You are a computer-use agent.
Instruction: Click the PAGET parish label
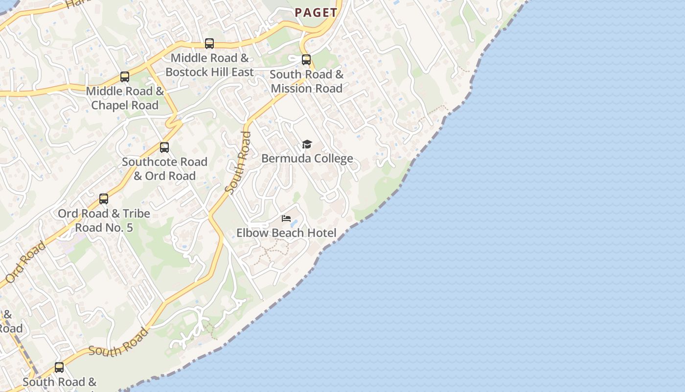[x=316, y=13]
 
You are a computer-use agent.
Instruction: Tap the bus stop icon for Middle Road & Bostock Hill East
[x=209, y=44]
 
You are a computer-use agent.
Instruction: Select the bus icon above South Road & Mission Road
[x=306, y=60]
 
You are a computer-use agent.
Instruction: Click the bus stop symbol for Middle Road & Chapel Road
[x=125, y=77]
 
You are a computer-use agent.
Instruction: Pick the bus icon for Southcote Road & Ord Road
[x=164, y=147]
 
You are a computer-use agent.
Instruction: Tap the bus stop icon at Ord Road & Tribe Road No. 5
[x=104, y=199]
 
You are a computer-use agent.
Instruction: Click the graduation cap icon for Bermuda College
[x=307, y=144]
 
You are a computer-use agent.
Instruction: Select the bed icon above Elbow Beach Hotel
[x=286, y=219]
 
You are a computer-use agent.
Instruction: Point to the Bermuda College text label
[x=307, y=158]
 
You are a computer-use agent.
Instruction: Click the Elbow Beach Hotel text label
[x=286, y=233]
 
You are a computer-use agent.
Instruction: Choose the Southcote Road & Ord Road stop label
[x=164, y=169]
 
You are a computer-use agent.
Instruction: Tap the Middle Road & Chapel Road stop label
[x=125, y=98]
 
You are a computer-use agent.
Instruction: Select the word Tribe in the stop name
[x=137, y=214]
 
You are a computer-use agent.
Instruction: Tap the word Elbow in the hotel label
[x=250, y=233]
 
